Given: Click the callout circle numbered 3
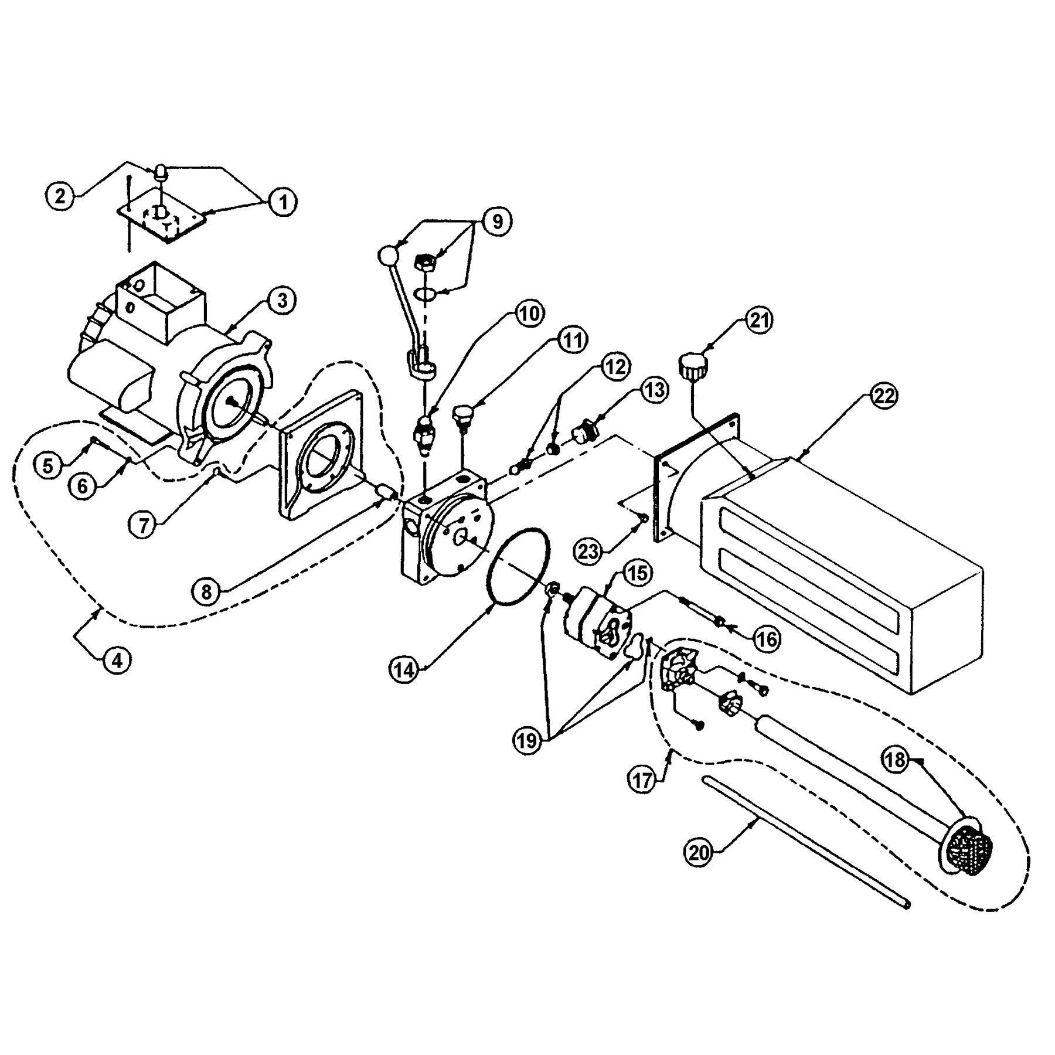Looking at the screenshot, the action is coord(283,300).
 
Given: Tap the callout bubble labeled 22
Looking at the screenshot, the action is coord(884,396).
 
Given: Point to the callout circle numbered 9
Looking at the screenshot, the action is coord(496,222).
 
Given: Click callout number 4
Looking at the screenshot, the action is coord(117,660).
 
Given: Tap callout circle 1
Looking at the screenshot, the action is coord(283,203).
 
